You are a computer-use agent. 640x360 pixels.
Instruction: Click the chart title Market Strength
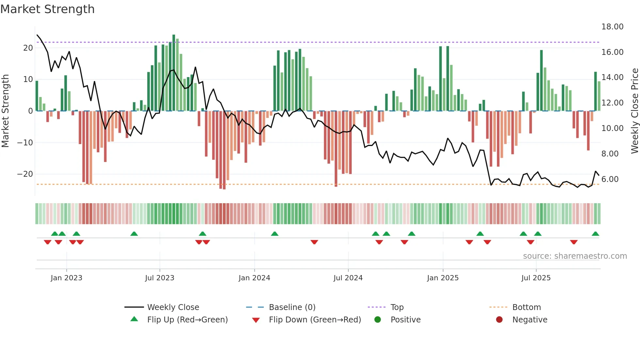pyautogui.click(x=48, y=9)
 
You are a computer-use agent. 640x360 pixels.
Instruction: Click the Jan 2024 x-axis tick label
pyautogui.click(x=254, y=278)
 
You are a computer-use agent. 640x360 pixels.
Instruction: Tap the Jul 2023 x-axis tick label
pyautogui.click(x=160, y=278)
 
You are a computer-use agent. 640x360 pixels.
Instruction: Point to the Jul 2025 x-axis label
pyautogui.click(x=536, y=278)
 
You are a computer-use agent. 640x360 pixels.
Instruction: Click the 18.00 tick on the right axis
pyautogui.click(x=612, y=27)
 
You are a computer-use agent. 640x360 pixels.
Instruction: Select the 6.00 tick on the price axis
pyautogui.click(x=610, y=179)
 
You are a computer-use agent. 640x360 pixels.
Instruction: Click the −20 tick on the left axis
pyautogui.click(x=25, y=174)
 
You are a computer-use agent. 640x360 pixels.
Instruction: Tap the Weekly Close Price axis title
pyautogui.click(x=634, y=111)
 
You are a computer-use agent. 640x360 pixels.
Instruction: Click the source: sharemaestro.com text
pyautogui.click(x=575, y=256)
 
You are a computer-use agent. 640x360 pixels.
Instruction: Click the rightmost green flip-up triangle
pyautogui.click(x=595, y=234)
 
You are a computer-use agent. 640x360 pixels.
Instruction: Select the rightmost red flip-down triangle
pyautogui.click(x=574, y=242)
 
